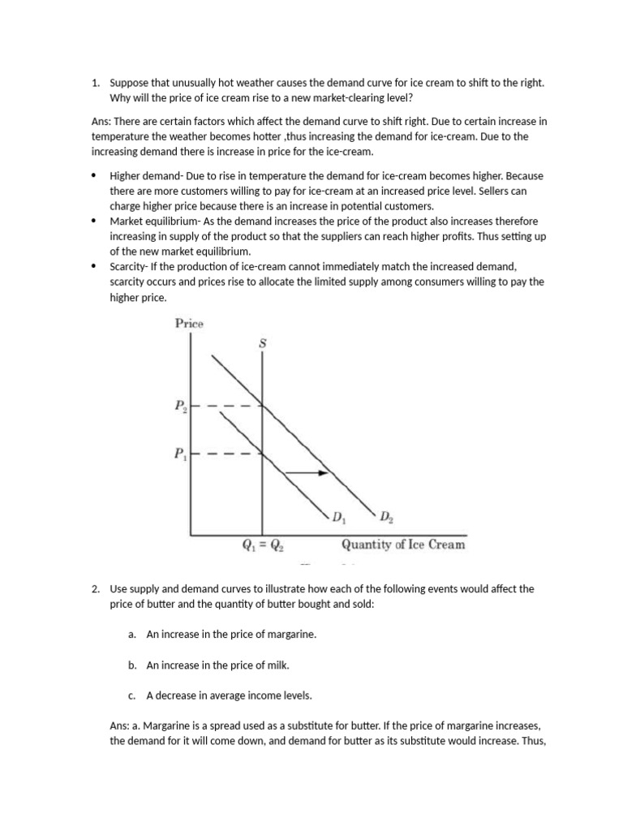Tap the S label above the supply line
point(262,343)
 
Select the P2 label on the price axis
point(180,407)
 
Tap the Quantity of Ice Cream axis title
point(403,545)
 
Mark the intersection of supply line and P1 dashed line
point(262,454)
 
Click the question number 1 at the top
point(95,83)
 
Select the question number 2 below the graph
point(95,589)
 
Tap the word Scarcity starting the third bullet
point(127,266)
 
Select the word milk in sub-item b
point(277,665)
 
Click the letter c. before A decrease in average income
point(131,695)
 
